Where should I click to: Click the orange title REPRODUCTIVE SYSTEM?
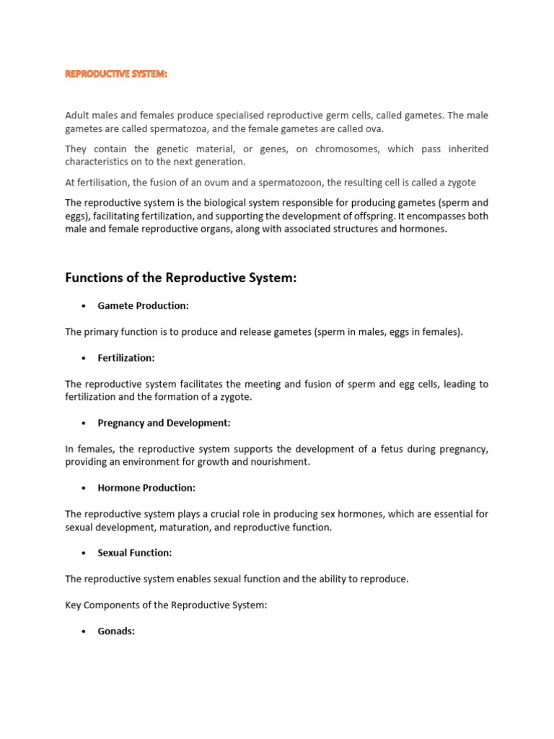click(x=115, y=74)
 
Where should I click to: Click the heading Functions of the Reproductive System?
click(x=180, y=278)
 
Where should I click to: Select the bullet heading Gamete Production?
click(x=143, y=306)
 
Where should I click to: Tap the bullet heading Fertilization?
click(x=126, y=358)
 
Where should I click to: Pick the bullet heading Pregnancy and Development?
click(x=164, y=423)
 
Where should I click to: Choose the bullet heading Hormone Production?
click(x=146, y=488)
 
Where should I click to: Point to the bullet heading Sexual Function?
click(x=135, y=553)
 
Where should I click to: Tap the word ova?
click(x=376, y=129)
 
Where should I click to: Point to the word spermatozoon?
click(x=289, y=183)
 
